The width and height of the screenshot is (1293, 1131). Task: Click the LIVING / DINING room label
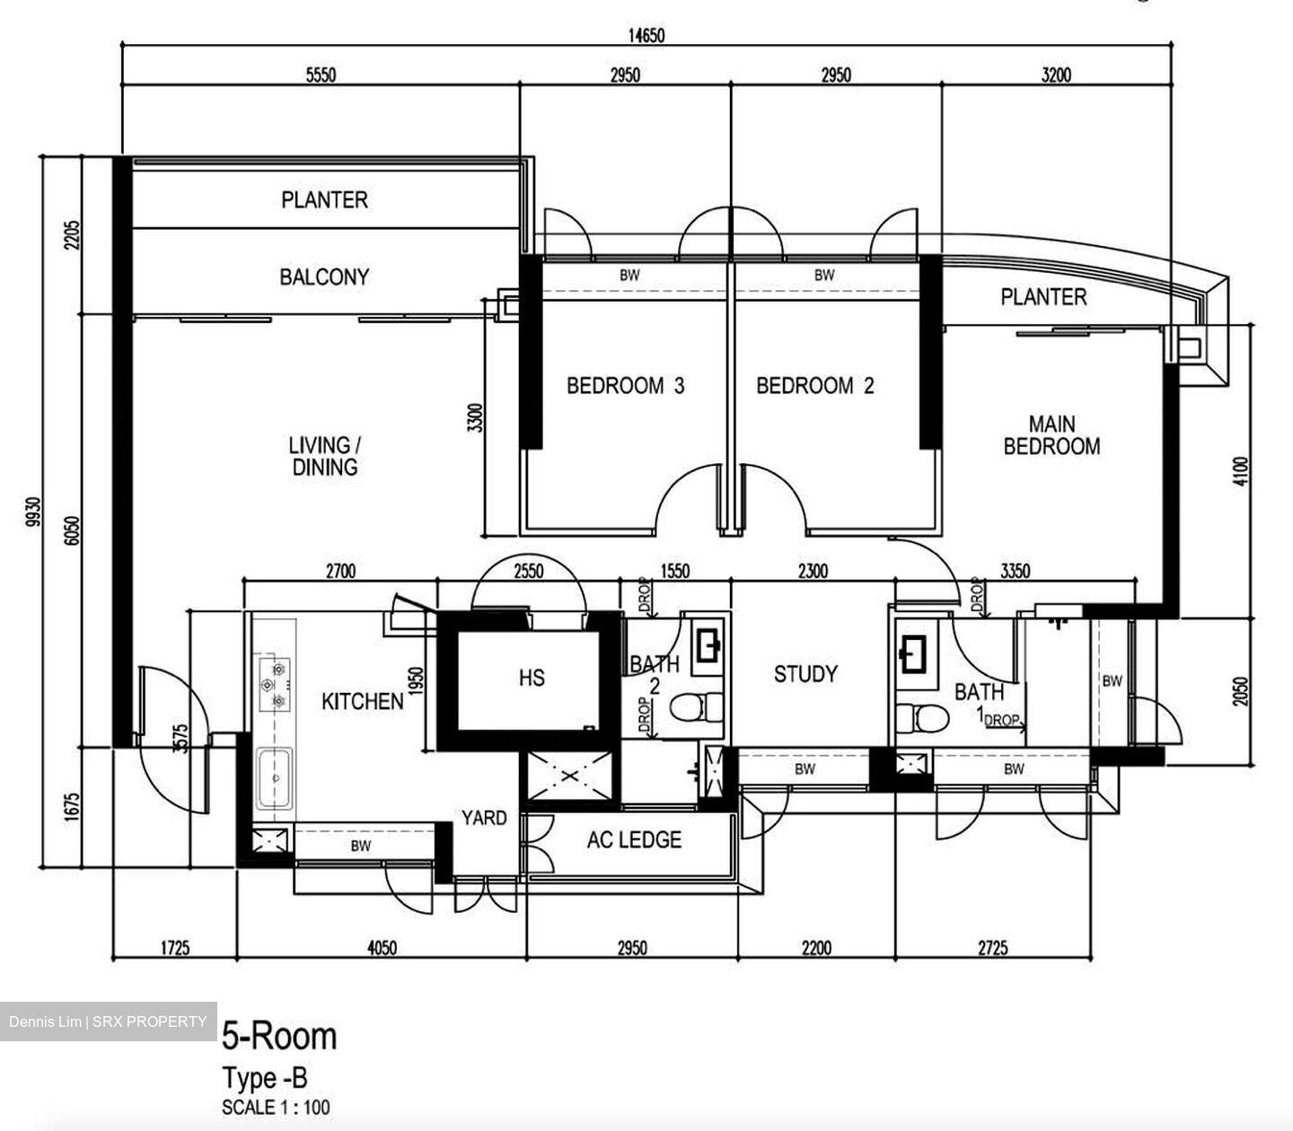click(324, 456)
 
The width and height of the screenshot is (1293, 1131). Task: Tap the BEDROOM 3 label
click(625, 386)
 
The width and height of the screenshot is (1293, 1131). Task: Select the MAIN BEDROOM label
click(1051, 435)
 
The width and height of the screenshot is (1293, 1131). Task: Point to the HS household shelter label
click(532, 678)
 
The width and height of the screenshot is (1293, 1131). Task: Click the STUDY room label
click(805, 674)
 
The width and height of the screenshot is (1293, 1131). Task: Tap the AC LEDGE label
click(634, 840)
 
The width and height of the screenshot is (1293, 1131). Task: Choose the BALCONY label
click(324, 276)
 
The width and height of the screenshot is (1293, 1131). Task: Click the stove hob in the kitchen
click(273, 685)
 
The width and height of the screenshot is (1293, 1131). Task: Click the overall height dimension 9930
click(34, 512)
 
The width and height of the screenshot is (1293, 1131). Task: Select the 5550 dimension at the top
click(321, 75)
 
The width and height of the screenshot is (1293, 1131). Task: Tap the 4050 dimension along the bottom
click(383, 948)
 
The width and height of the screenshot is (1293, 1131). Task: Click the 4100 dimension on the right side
click(1241, 471)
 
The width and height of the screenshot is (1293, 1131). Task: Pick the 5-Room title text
click(279, 1036)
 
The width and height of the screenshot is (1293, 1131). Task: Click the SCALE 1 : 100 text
click(275, 1107)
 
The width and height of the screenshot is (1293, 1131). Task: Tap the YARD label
click(484, 818)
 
